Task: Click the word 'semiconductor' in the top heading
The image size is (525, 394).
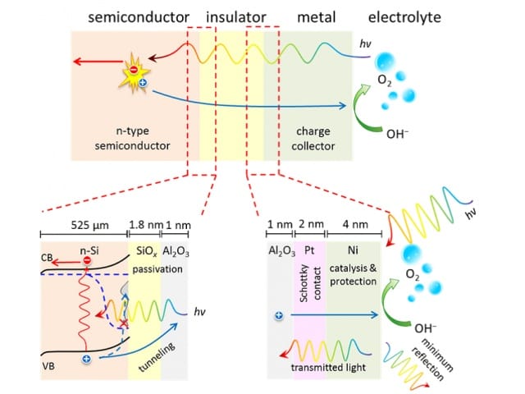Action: coord(139,17)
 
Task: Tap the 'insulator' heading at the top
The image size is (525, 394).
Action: coord(236,17)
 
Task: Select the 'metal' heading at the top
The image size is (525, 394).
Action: coord(317,17)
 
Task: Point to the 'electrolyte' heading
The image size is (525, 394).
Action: coord(404,17)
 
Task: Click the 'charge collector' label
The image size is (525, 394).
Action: coord(313,139)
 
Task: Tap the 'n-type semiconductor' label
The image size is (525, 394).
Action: coord(132,139)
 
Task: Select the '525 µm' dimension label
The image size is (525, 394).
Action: coord(89,225)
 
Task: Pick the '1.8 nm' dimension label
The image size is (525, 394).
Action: coord(146,224)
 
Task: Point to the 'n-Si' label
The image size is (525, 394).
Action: coord(89,251)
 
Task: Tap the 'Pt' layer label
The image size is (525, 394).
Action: coord(309,250)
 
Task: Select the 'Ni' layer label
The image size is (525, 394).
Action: coord(353,250)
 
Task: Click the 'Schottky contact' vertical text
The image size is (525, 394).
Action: coord(310,283)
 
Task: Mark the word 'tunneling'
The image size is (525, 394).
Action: coord(157,357)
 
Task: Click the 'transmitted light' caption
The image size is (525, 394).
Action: coord(328,368)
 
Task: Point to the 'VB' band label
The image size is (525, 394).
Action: coord(48,367)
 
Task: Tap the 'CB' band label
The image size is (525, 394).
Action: coord(47,258)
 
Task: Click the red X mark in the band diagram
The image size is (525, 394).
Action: coord(124,323)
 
